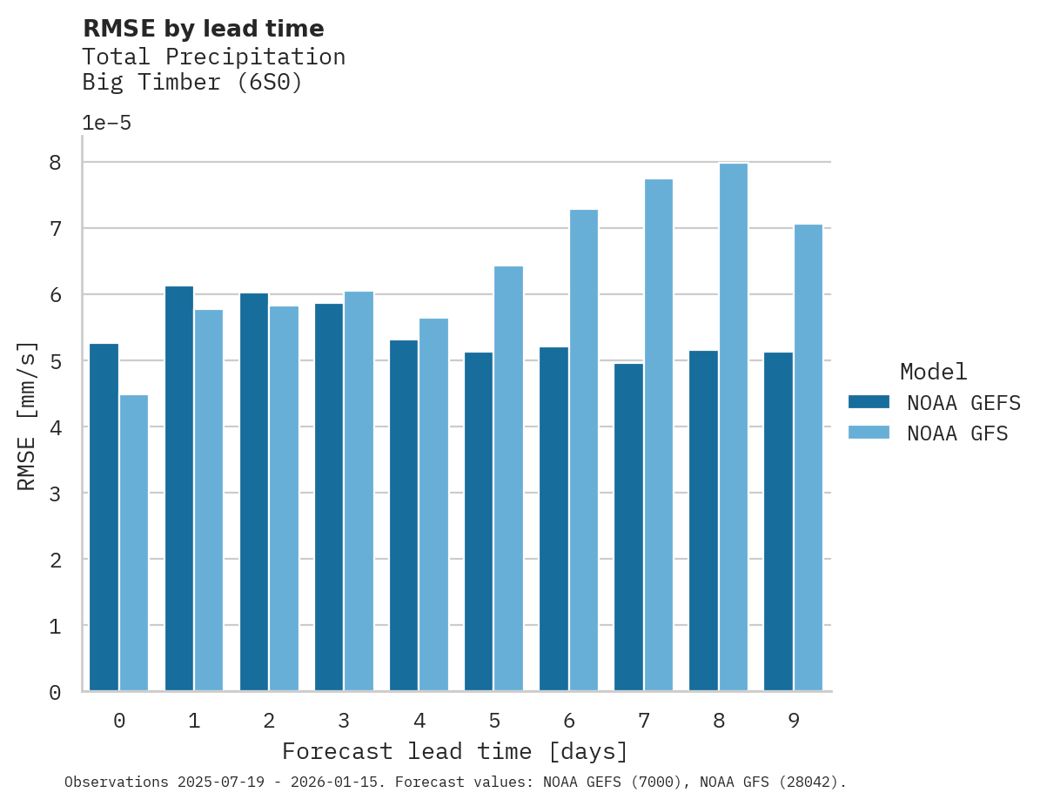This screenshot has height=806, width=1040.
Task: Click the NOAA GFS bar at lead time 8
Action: point(733,427)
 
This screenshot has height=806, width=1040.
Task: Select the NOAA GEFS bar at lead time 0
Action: point(104,517)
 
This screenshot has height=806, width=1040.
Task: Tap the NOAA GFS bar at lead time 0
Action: point(134,543)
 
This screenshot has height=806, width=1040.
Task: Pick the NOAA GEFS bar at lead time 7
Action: point(628,527)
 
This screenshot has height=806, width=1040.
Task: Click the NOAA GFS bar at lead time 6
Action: point(583,450)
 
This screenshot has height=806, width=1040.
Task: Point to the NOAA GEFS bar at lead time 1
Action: point(178,488)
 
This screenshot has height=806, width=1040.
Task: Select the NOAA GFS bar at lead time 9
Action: point(808,458)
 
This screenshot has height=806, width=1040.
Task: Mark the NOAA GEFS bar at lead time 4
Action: point(404,515)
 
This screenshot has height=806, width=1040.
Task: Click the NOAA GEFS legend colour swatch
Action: point(869,402)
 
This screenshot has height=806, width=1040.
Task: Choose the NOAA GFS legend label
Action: point(957,433)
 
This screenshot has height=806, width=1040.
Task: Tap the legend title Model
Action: point(933,372)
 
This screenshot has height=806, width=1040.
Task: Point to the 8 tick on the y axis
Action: point(55,163)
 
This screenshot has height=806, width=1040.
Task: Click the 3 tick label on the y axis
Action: point(55,494)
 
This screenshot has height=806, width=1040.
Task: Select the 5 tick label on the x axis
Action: point(494,721)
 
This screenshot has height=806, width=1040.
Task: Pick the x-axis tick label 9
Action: point(794,721)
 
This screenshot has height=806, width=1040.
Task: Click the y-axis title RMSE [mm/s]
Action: point(27,415)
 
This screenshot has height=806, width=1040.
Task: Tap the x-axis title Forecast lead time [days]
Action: point(454,751)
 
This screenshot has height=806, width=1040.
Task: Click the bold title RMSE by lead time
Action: point(203,29)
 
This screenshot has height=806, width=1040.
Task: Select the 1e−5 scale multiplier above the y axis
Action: point(106,123)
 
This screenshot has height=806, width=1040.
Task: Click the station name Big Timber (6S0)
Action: point(191,83)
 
